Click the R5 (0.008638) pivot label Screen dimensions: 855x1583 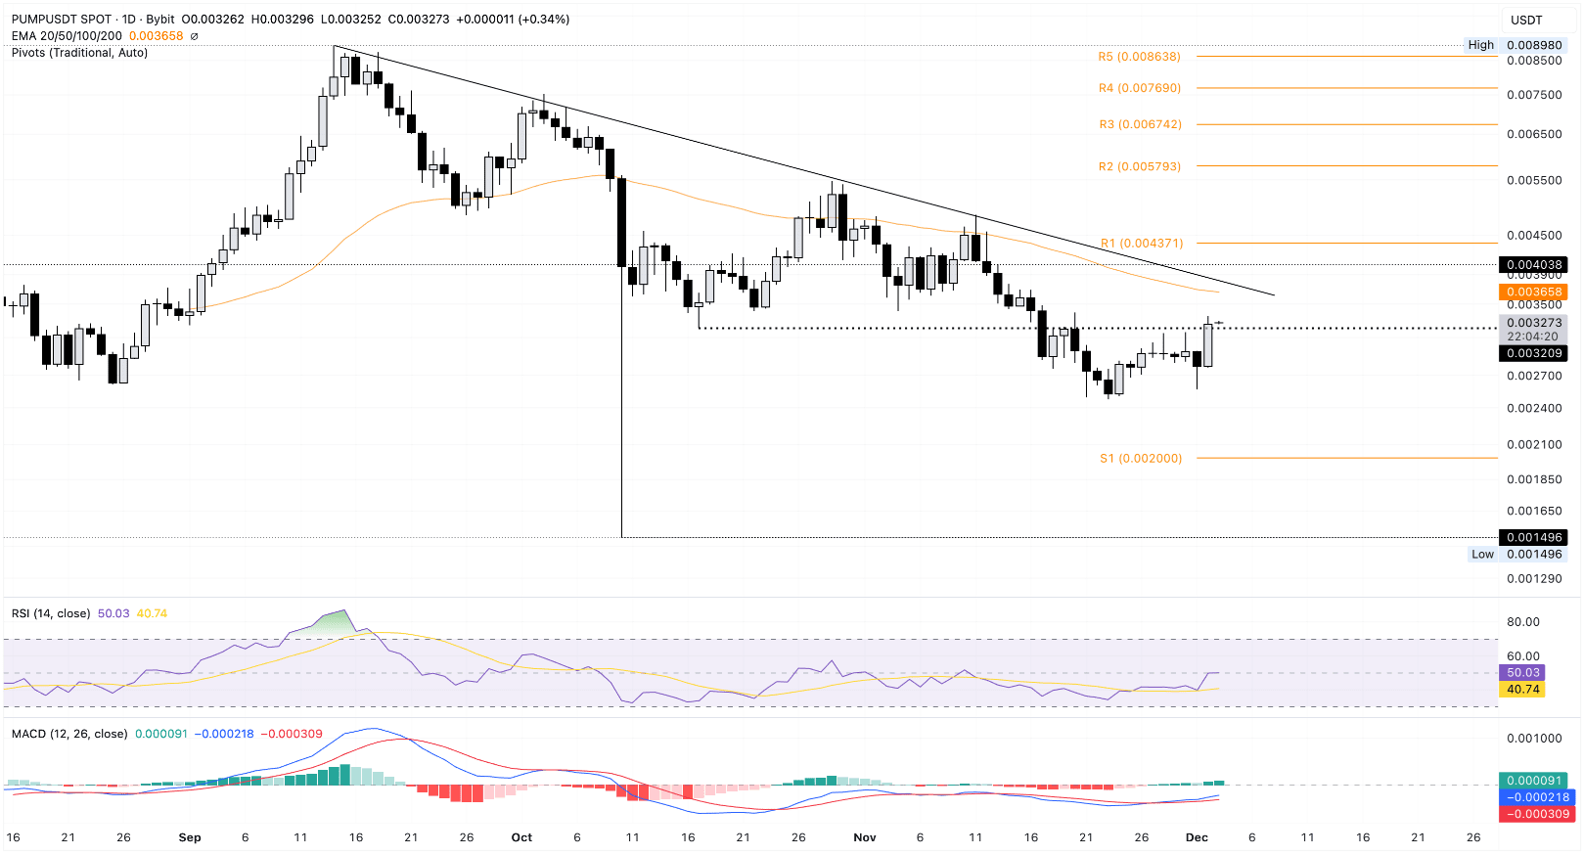[x=1139, y=57]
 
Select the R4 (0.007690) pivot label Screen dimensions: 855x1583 [x=1139, y=88]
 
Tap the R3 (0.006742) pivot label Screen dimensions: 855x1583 [x=1140, y=124]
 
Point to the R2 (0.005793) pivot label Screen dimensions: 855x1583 [x=1139, y=166]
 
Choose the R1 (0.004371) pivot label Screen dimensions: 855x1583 [x=1142, y=243]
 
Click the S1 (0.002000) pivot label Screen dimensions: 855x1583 [x=1141, y=458]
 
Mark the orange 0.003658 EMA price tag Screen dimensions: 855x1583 [x=1533, y=292]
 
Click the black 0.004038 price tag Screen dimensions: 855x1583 [x=1533, y=265]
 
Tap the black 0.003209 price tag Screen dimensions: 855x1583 [x=1533, y=353]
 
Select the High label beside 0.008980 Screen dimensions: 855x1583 [x=1480, y=45]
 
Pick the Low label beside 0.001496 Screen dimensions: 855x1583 [x=1482, y=554]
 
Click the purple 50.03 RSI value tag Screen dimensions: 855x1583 [x=1522, y=673]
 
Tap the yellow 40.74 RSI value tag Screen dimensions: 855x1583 [x=1522, y=690]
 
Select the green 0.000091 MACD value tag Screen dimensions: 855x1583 [x=1533, y=781]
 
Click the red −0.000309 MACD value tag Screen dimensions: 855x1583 [x=1533, y=814]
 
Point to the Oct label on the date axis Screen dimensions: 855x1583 [x=521, y=837]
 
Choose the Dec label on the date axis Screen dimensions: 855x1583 [x=1197, y=837]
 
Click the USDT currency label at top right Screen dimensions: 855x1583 [x=1526, y=20]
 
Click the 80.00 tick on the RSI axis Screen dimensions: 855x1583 [x=1523, y=622]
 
